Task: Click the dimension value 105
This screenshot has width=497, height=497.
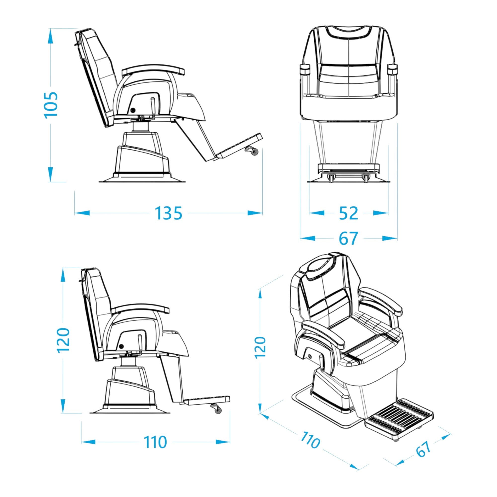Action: point(51,105)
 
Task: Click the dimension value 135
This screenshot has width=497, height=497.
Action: point(168,213)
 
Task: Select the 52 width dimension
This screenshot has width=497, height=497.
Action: point(349,213)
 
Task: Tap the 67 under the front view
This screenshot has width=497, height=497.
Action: point(349,239)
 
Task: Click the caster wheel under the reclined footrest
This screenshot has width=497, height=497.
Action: point(254,152)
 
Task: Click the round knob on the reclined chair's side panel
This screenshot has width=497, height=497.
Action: point(133,110)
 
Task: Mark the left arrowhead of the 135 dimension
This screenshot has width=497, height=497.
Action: point(82,213)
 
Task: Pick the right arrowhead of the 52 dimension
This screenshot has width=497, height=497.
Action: point(381,213)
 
